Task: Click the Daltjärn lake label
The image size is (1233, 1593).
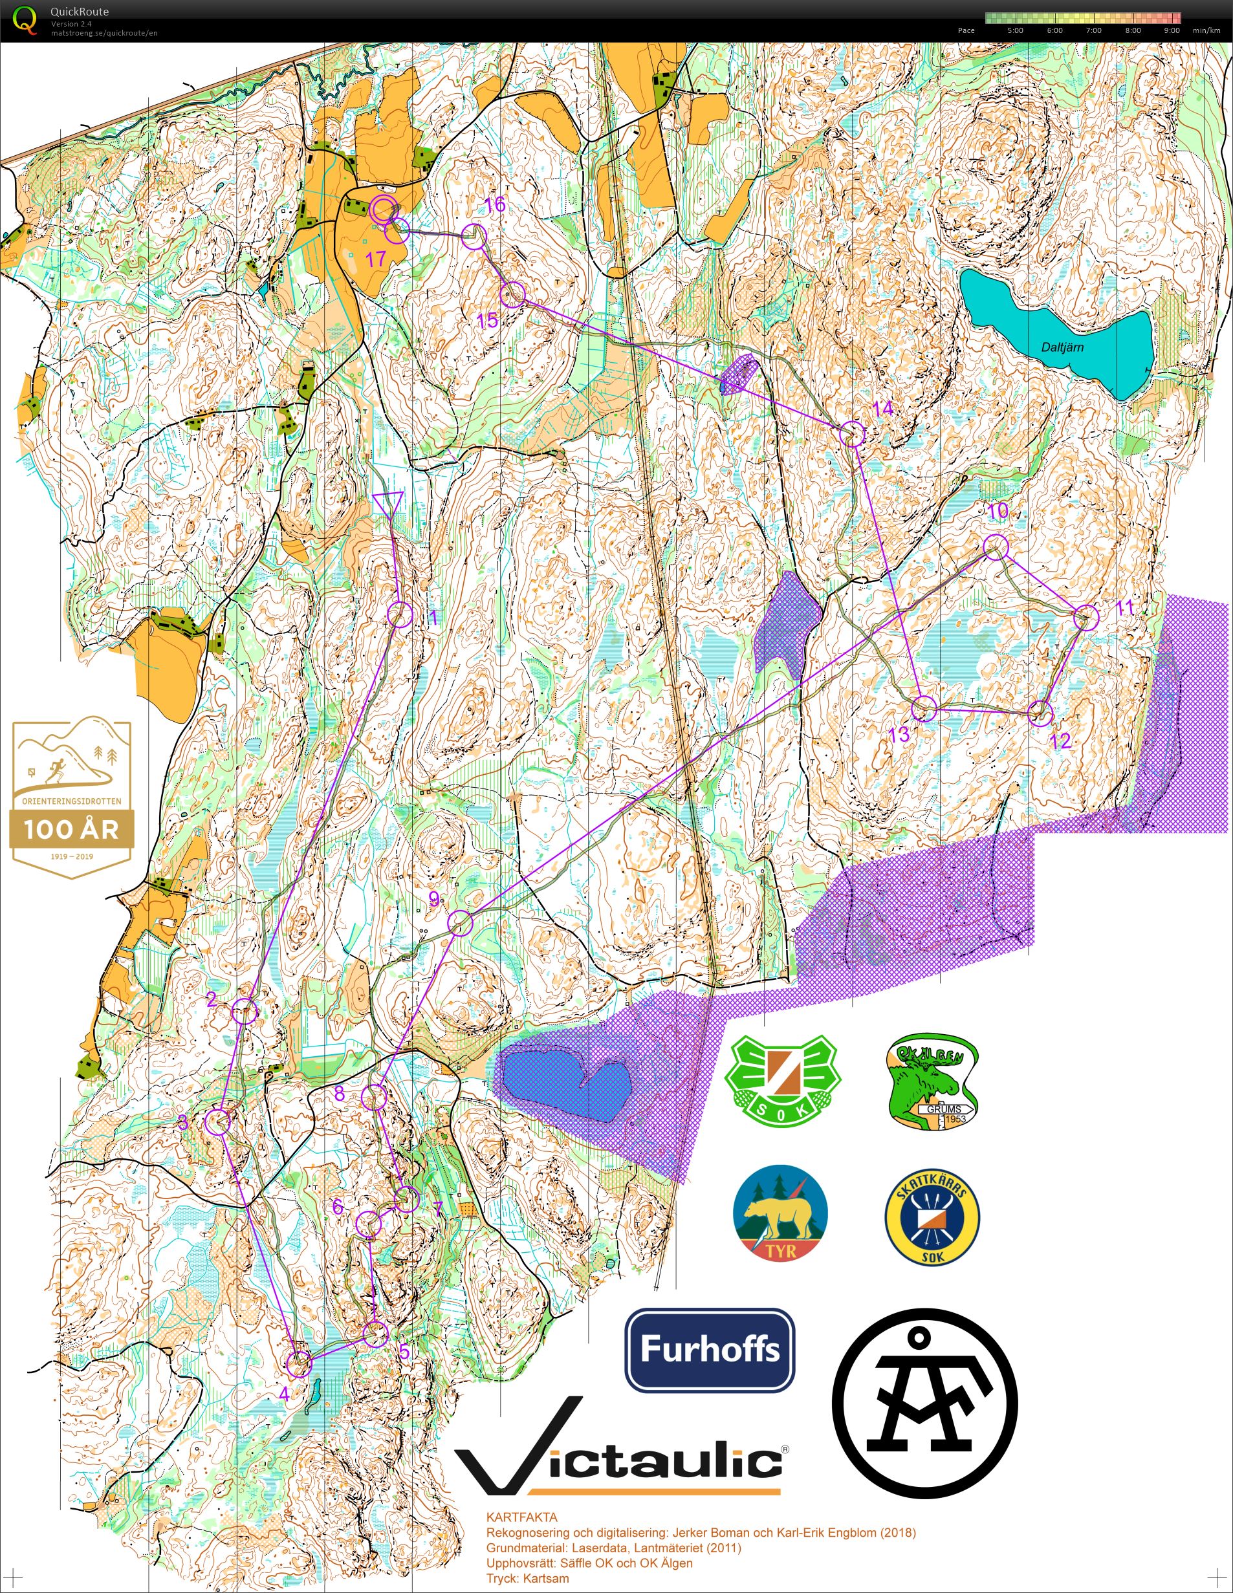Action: pos(1062,347)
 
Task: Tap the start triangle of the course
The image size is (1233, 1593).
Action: pos(387,503)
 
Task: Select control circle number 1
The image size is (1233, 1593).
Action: pos(400,614)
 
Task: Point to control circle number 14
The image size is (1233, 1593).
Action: pos(852,434)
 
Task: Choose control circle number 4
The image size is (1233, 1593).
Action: pos(299,1363)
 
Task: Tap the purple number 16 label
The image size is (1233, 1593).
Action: pos(495,205)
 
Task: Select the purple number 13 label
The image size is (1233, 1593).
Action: pos(899,734)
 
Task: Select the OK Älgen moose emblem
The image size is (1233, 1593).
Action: pos(932,1081)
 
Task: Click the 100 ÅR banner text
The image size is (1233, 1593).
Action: pos(71,829)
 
